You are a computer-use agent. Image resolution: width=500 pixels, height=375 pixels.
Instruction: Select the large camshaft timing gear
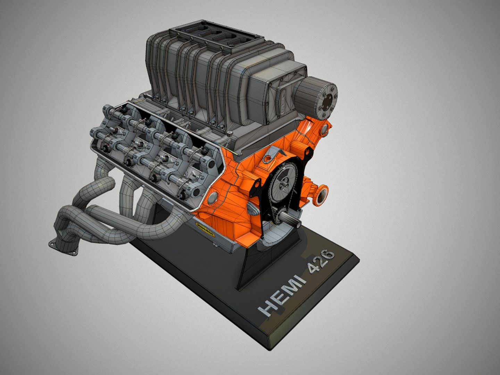(284, 181)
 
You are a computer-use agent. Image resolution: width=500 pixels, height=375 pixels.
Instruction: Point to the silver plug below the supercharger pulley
(324, 130)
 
